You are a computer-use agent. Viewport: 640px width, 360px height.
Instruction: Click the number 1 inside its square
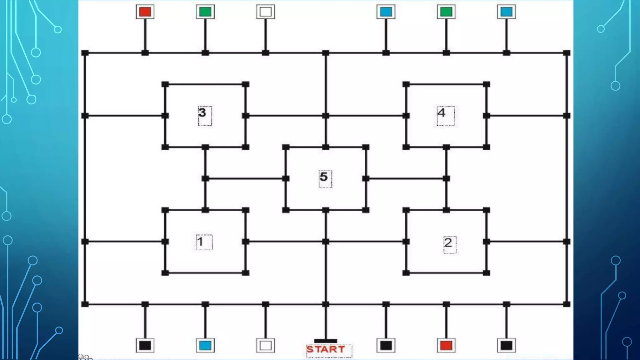pyautogui.click(x=200, y=242)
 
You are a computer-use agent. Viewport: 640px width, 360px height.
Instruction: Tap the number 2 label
pyautogui.click(x=448, y=243)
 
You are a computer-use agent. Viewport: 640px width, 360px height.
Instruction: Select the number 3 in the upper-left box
pyautogui.click(x=202, y=113)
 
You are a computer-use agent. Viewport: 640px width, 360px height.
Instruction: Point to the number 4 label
pyautogui.click(x=441, y=113)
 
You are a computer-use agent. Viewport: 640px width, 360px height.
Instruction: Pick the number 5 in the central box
pyautogui.click(x=324, y=177)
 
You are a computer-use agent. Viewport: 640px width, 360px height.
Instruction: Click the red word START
pyautogui.click(x=326, y=349)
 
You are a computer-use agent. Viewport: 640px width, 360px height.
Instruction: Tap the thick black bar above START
pyautogui.click(x=326, y=341)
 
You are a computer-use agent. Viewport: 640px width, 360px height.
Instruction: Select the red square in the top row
pyautogui.click(x=145, y=12)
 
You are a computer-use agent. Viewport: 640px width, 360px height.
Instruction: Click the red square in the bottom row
pyautogui.click(x=446, y=345)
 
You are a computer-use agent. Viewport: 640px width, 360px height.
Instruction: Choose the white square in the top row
pyautogui.click(x=266, y=12)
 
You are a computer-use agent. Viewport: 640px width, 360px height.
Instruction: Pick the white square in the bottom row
pyautogui.click(x=266, y=345)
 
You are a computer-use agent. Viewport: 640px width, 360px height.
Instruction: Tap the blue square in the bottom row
pyautogui.click(x=205, y=345)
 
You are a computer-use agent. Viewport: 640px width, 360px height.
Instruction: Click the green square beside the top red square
pyautogui.click(x=205, y=12)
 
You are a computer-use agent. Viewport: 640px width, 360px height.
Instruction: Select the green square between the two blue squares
pyautogui.click(x=446, y=12)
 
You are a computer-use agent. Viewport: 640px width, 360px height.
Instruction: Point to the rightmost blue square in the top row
pyautogui.click(x=506, y=12)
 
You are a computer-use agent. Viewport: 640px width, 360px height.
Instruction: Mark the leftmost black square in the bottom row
pyautogui.click(x=145, y=345)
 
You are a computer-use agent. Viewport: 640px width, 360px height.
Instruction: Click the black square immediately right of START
pyautogui.click(x=386, y=345)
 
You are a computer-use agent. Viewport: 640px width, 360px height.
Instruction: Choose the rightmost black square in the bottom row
pyautogui.click(x=506, y=345)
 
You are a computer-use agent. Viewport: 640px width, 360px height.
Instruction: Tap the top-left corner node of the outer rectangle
pyautogui.click(x=85, y=53)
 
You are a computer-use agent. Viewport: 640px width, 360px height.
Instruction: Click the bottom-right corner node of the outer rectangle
pyautogui.click(x=567, y=304)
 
